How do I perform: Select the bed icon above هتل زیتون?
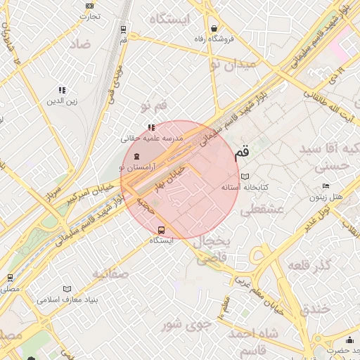325,186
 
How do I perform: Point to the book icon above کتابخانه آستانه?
245,176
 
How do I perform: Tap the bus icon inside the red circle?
162,229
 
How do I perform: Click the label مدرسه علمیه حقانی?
154,139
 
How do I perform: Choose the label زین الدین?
61,101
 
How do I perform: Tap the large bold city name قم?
241,151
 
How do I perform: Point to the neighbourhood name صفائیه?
110,274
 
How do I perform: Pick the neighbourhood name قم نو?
155,105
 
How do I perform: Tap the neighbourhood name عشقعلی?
262,210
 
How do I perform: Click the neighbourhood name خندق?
314,309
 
